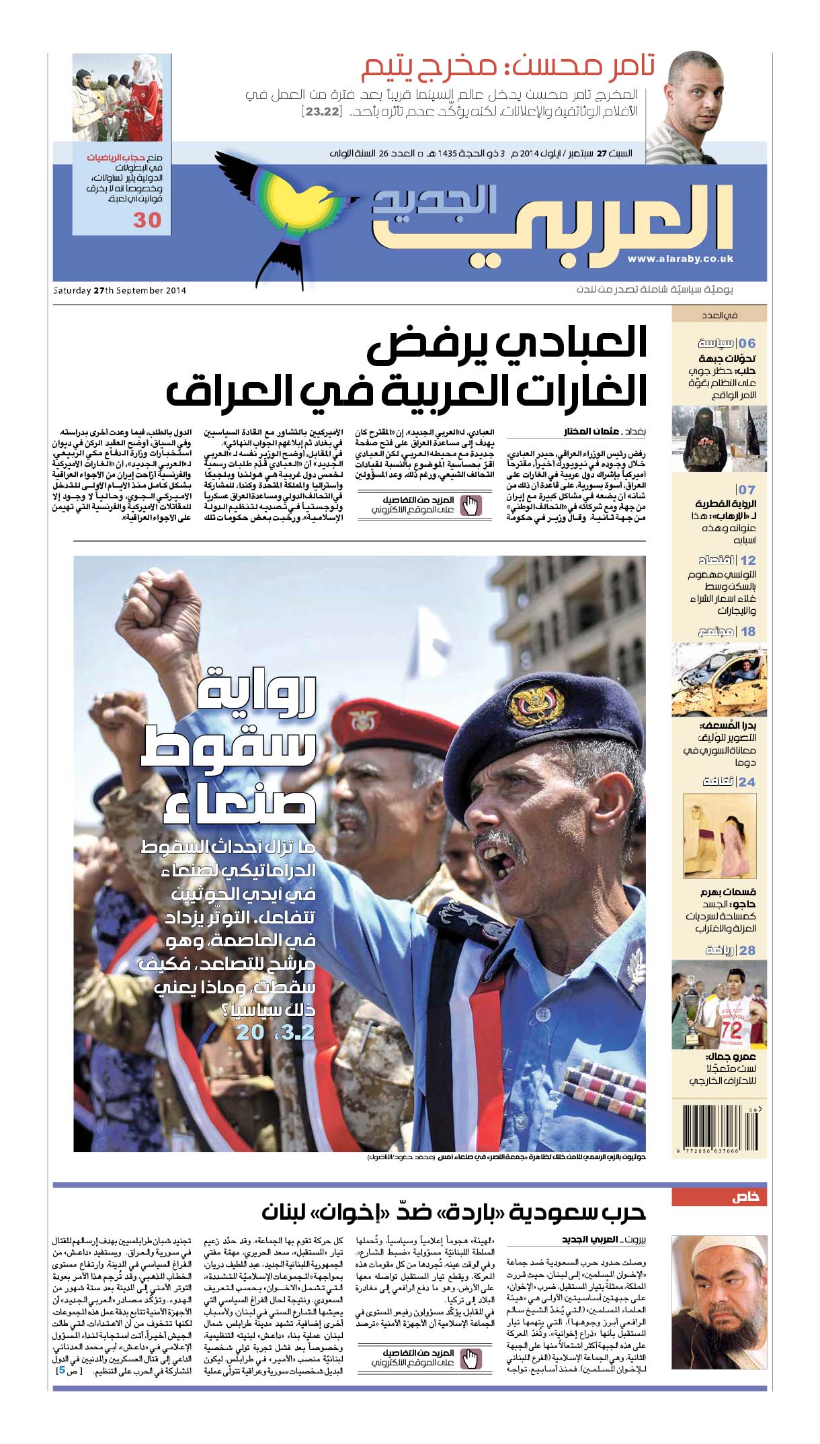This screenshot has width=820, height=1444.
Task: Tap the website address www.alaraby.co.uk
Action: click(x=680, y=259)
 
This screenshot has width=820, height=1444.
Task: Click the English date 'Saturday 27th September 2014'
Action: click(x=120, y=290)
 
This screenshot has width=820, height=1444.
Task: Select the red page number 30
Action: click(x=147, y=220)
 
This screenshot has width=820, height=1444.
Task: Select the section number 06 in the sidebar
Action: click(x=746, y=343)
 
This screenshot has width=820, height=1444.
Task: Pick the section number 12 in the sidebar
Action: click(x=747, y=560)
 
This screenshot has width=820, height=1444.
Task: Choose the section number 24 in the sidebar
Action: click(x=746, y=782)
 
